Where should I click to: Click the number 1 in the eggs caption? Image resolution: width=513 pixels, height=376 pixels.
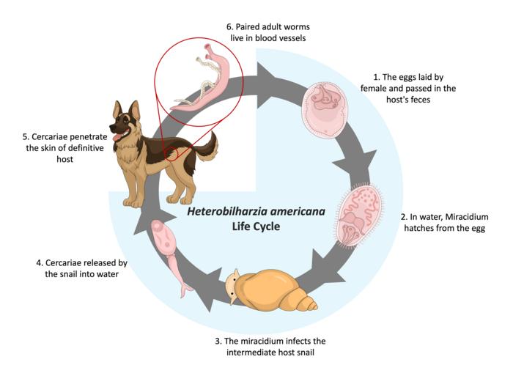[x=375, y=76]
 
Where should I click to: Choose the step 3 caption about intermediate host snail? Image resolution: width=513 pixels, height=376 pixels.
[x=270, y=347]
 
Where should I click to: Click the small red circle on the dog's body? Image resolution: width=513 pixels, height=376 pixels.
[x=171, y=153]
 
